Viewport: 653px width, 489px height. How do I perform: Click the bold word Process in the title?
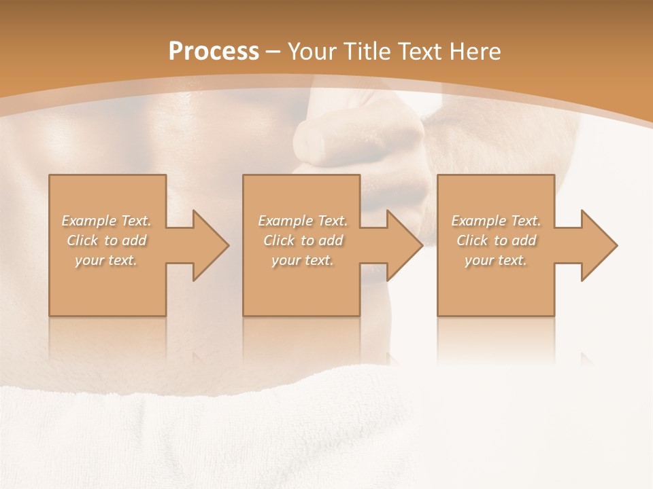(214, 52)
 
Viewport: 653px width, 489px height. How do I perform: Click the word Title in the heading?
(365, 52)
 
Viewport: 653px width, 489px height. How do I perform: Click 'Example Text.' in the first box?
(107, 221)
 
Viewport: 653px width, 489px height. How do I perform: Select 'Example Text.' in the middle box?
(303, 221)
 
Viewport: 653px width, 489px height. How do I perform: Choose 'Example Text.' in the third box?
(496, 221)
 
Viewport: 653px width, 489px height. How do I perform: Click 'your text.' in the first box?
(106, 260)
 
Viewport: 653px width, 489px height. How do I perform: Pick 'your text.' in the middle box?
(303, 260)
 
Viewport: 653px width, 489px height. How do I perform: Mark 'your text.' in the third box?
(496, 260)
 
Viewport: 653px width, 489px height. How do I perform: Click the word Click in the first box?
(82, 240)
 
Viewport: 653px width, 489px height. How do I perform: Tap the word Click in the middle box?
(279, 240)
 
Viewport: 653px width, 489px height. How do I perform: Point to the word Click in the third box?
(472, 240)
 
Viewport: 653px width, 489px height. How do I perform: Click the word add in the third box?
(524, 240)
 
